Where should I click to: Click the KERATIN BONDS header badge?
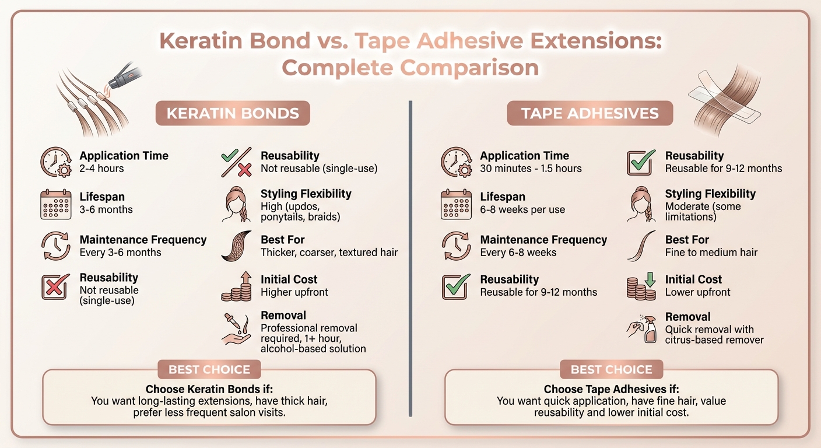click(x=233, y=113)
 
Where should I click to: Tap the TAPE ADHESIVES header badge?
click(x=590, y=113)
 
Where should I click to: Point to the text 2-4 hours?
click(x=101, y=169)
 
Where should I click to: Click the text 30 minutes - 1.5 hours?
click(x=531, y=169)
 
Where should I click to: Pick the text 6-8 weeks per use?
click(x=522, y=209)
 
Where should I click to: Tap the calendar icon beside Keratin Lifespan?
click(x=56, y=204)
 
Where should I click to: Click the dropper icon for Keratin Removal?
click(x=236, y=328)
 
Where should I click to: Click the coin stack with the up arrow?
click(x=236, y=286)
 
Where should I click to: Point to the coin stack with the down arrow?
click(x=641, y=286)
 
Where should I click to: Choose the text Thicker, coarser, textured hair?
click(x=329, y=253)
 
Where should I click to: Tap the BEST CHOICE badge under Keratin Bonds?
click(x=209, y=369)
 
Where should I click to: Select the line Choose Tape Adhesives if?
click(x=611, y=389)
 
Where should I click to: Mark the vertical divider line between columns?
click(x=410, y=257)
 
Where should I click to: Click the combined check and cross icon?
click(x=236, y=163)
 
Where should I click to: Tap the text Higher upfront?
click(x=294, y=292)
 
